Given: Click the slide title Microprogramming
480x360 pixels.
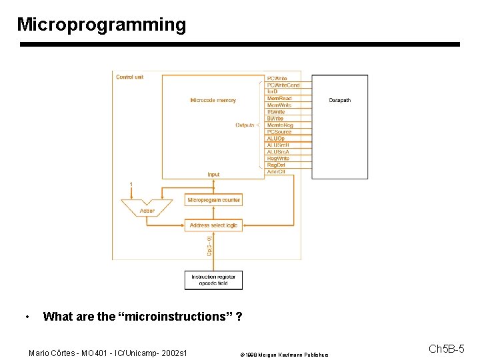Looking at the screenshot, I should [101, 25].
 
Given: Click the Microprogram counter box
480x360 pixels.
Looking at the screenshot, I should [213, 200].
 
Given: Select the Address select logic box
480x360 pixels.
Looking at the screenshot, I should [213, 225].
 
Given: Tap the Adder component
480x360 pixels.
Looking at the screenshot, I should [147, 210].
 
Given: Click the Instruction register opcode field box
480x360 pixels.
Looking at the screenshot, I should [213, 280].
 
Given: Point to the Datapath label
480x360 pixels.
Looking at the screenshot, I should [339, 101].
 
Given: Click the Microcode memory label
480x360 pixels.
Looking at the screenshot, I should [213, 101].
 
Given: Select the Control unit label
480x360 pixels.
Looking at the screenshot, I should [129, 77].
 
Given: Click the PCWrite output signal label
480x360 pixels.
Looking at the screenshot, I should [277, 79].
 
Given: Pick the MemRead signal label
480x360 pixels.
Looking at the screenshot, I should [279, 99].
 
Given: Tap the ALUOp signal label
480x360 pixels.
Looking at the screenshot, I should [276, 139].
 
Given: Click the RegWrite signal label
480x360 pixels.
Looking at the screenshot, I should [278, 159].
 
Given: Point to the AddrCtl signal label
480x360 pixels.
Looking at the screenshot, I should [276, 172].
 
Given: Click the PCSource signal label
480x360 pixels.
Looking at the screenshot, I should [279, 132].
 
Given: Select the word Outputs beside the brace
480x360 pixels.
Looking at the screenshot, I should [245, 125].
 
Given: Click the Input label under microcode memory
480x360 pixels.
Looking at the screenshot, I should [213, 175].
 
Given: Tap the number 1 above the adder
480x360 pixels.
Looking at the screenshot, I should [131, 183].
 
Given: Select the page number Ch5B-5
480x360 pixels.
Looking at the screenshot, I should [446, 349].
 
